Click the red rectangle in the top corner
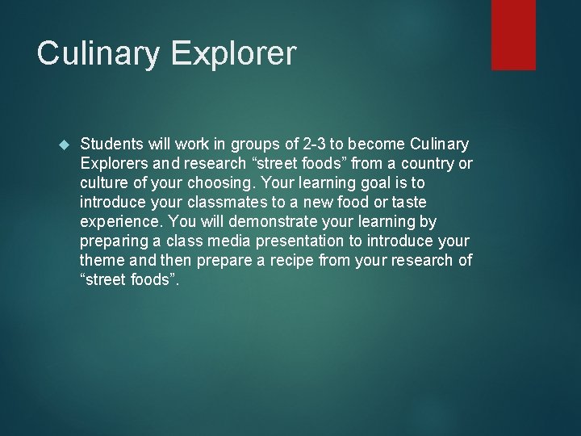pos(513,34)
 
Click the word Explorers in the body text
pos(112,164)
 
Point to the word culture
pos(102,183)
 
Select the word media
pos(231,241)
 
